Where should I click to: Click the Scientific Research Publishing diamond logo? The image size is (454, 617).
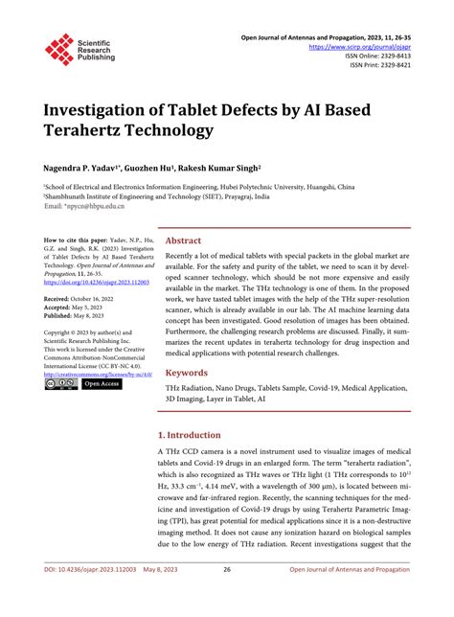58,49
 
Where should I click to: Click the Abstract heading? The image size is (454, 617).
183,241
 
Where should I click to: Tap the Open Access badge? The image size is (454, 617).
102,384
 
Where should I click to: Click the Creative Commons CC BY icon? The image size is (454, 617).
60,384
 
